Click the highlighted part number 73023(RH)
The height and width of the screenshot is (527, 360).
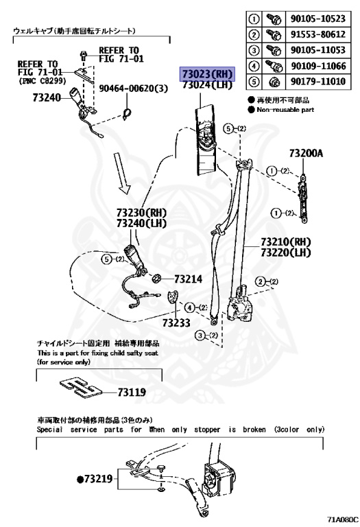coord(207,74)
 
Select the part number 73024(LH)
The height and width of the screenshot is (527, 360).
coord(207,86)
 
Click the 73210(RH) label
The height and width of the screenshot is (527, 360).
coord(286,243)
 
